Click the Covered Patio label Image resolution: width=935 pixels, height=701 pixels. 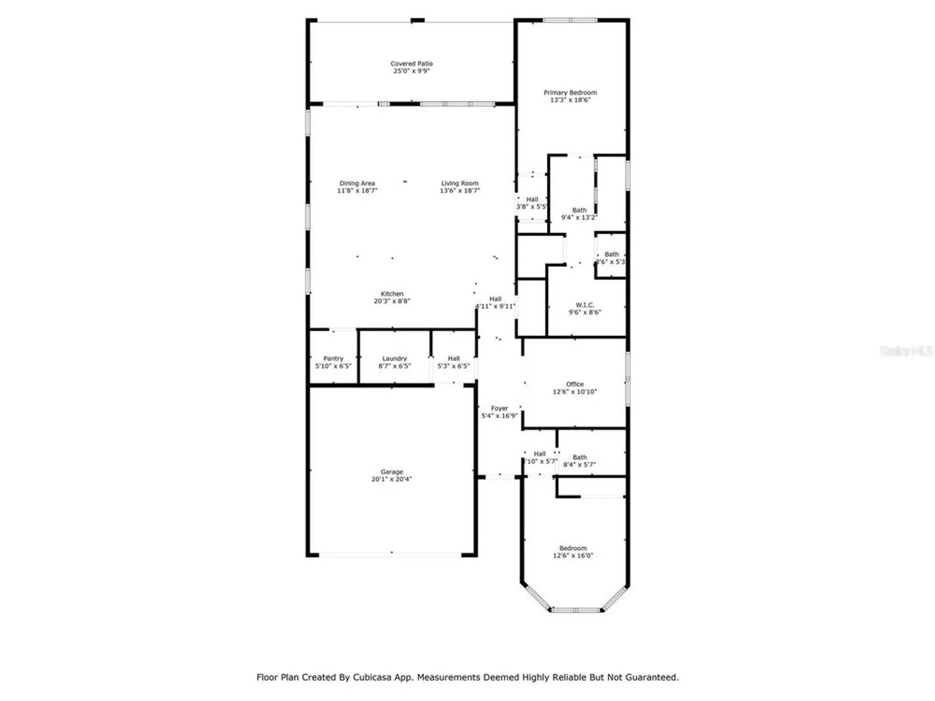point(411,64)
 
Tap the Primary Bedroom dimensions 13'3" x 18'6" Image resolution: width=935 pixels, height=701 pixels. point(570,100)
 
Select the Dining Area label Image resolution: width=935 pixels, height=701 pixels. point(357,183)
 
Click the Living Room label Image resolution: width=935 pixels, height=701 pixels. point(460,183)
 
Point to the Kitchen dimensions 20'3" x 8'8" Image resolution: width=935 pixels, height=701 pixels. point(392,301)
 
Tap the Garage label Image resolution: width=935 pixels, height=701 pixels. point(391,472)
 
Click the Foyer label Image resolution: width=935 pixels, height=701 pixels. point(499,408)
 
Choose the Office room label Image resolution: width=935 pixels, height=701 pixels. point(575,384)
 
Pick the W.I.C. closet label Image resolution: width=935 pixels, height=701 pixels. point(584,305)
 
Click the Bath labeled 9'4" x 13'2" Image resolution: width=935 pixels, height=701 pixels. point(579,214)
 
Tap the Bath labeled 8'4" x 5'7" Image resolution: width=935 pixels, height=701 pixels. point(579,461)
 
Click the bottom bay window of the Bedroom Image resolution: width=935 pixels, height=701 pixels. point(576,610)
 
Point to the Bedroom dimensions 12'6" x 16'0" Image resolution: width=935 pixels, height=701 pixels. point(573,556)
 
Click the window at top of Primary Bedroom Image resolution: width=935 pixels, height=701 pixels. point(570,20)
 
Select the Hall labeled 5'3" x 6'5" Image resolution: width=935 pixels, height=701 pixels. point(453,362)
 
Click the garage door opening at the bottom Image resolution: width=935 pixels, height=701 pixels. point(390,555)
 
